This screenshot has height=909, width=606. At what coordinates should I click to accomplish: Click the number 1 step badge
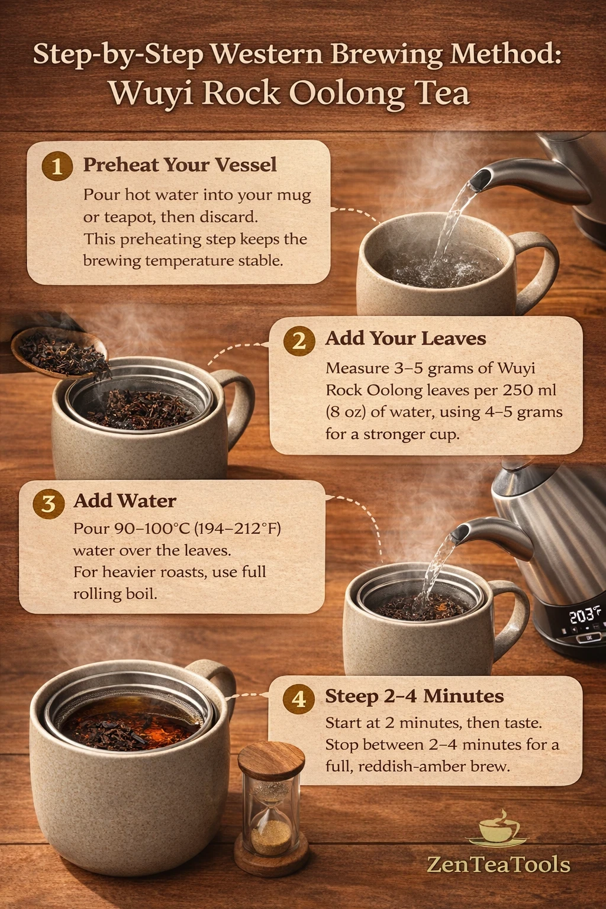point(57,166)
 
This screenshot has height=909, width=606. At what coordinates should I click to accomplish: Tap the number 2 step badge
point(299,340)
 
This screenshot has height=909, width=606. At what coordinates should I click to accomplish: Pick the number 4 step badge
point(299,698)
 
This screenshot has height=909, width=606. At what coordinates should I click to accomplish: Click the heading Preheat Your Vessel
point(180,165)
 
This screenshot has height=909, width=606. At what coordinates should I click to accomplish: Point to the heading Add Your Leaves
point(405,339)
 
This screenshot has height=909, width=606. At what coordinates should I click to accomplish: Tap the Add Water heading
point(125,501)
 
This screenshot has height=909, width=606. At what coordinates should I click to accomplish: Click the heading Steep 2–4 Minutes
point(414,696)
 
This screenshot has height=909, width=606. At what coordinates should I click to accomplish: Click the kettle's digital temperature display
point(584,615)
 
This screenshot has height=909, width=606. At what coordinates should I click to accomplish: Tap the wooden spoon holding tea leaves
point(59,352)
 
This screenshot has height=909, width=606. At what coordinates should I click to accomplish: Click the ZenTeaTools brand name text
point(498,865)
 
